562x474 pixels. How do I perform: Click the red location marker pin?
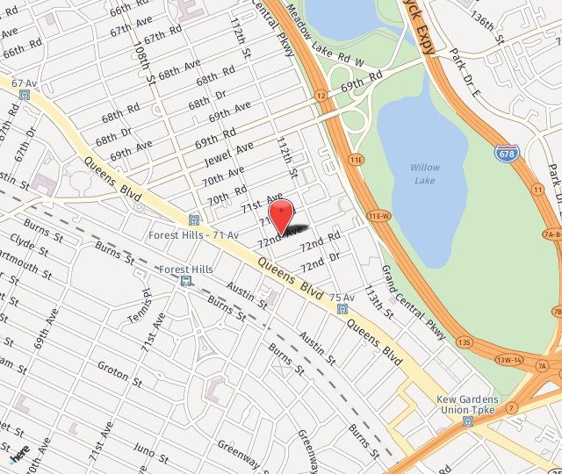(x=280, y=214)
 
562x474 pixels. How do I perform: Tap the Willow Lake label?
(x=425, y=174)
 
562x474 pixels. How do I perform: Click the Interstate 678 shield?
(x=505, y=154)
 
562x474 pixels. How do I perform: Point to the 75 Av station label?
(x=342, y=298)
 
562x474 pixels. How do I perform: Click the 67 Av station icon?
(x=24, y=93)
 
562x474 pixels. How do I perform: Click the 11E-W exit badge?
(x=378, y=215)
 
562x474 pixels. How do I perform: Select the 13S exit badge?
(x=465, y=341)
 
